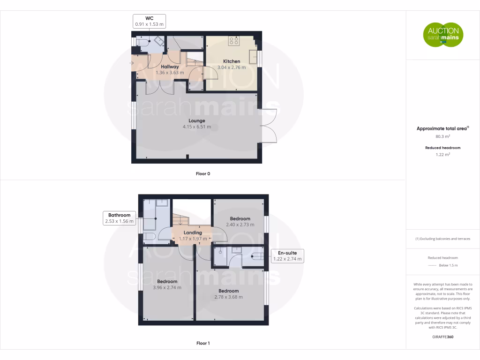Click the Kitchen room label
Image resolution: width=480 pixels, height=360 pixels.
232,61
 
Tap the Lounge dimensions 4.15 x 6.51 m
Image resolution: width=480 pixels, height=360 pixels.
197,127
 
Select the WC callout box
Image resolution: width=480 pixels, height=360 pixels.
150,21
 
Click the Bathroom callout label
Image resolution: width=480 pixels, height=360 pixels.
119,218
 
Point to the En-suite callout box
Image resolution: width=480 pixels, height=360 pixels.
288,256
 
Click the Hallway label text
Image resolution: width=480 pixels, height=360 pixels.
170,67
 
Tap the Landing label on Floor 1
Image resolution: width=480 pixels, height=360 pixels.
193,232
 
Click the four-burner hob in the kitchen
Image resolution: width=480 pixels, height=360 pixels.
234,41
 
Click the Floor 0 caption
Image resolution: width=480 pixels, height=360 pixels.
203,173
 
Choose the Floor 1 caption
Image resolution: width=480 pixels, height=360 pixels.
203,343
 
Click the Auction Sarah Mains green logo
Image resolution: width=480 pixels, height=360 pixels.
443,35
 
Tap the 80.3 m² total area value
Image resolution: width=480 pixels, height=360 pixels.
442,136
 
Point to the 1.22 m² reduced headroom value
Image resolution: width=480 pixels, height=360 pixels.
442,154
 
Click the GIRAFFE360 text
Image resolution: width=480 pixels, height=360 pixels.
442,337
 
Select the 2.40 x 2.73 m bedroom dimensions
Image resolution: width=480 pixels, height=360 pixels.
240,225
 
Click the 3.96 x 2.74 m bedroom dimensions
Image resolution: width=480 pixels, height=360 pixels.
167,287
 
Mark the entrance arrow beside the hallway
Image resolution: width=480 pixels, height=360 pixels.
132,63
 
